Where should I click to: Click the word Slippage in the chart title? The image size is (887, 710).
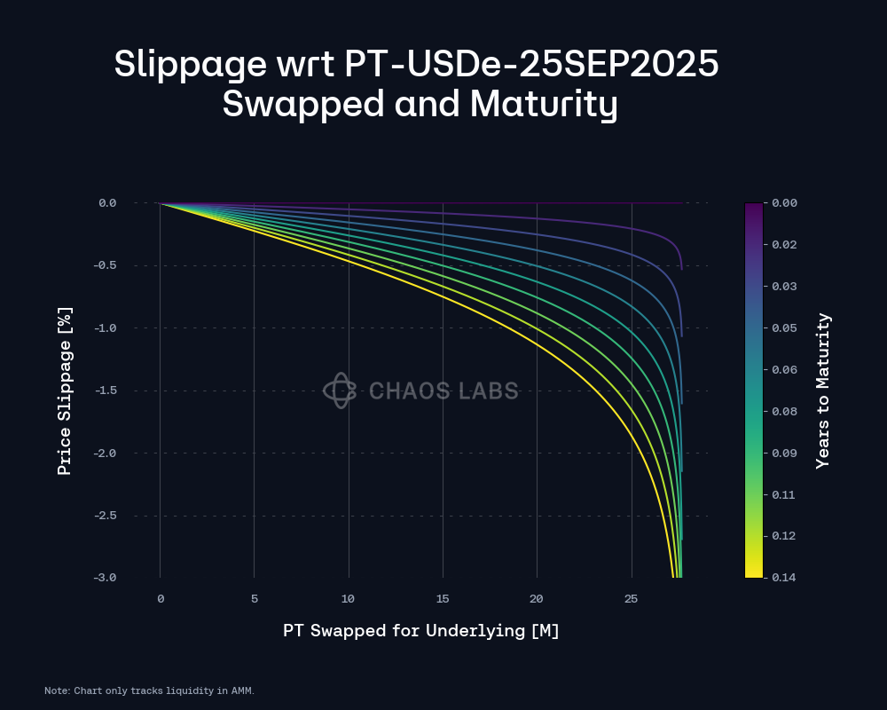[x=190, y=64]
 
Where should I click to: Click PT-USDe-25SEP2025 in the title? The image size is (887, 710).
[x=531, y=63]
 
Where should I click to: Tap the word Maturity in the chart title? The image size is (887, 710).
[x=544, y=105]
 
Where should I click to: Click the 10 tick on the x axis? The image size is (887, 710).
[x=348, y=599]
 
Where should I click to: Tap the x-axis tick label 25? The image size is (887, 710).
[x=631, y=599]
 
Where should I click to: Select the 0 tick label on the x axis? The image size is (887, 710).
[x=161, y=599]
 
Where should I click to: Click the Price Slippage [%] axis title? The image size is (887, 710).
[x=65, y=390]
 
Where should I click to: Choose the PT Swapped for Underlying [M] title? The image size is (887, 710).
[x=420, y=631]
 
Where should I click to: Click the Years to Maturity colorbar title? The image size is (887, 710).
[x=823, y=390]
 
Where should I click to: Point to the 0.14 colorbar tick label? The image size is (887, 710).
[x=784, y=578]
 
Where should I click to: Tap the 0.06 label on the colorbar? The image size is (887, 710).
[x=784, y=370]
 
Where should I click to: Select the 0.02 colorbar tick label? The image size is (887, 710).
[x=784, y=245]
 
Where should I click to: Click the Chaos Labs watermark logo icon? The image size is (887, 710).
[x=340, y=390]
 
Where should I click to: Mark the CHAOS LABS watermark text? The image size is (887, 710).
[x=443, y=390]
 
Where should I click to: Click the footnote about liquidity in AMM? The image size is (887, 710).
[x=149, y=690]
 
